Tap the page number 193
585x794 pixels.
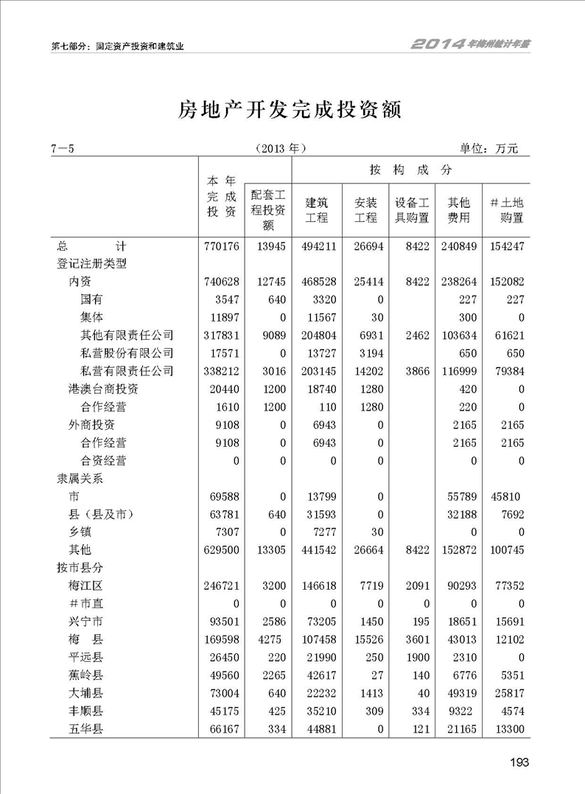coord(519,762)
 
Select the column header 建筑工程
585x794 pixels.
coord(317,210)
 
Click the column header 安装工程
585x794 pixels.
coord(366,210)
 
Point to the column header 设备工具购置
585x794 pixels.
coord(412,210)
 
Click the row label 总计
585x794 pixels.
coord(94,245)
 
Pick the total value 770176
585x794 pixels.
coord(222,245)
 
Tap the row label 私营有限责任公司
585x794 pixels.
coord(127,371)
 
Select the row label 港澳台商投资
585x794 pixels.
coord(104,389)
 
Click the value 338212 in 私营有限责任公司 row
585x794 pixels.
coord(222,371)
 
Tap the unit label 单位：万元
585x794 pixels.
coord(489,148)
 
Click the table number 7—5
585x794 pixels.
coord(63,148)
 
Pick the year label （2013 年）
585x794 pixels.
coord(279,148)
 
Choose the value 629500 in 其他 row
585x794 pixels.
coord(222,549)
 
